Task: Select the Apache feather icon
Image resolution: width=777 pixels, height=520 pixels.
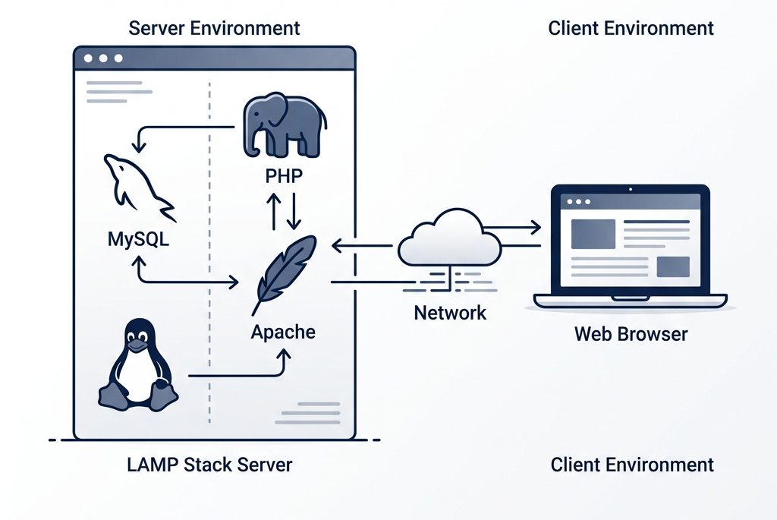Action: (x=283, y=270)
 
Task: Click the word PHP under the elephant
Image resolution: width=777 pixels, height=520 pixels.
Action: (x=284, y=176)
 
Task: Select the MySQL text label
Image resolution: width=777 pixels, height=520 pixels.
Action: (x=138, y=240)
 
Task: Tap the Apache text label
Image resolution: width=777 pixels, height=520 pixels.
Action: (x=283, y=332)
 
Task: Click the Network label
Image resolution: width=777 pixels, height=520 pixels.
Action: (x=450, y=312)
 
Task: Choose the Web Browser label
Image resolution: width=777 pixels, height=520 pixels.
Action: (x=631, y=333)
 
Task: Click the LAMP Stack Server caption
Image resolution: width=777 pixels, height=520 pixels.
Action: (x=209, y=464)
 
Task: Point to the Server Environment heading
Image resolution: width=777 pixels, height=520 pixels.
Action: (x=214, y=29)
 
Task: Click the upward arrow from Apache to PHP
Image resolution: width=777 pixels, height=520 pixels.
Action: (x=273, y=210)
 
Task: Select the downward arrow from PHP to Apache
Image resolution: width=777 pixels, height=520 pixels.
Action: (x=294, y=210)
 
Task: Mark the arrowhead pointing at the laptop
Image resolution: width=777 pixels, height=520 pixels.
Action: (x=536, y=226)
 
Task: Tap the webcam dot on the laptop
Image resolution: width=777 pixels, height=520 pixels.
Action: (x=631, y=188)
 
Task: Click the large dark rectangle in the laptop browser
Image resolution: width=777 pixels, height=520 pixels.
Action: (x=593, y=234)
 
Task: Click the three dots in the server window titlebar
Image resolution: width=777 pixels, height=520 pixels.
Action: (x=102, y=58)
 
